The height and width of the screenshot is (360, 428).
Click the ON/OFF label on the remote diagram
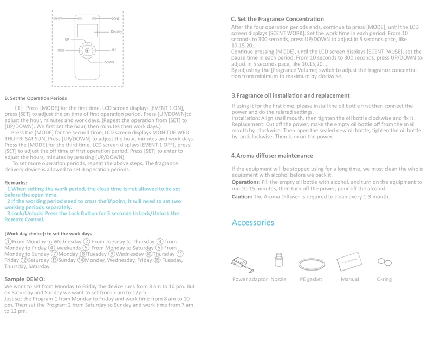(x=57, y=18)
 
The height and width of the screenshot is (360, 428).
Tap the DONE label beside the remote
(x=115, y=18)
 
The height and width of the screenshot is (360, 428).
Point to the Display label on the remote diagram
(x=116, y=32)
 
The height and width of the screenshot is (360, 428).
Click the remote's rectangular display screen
(x=87, y=31)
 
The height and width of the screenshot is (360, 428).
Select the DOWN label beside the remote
(x=109, y=62)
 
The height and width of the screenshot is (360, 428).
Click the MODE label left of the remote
(x=61, y=50)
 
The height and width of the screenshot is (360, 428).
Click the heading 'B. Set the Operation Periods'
(x=36, y=98)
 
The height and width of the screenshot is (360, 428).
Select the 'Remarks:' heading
(x=16, y=183)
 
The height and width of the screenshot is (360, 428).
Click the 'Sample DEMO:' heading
(x=25, y=279)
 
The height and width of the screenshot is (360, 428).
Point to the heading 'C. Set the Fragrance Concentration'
(x=277, y=19)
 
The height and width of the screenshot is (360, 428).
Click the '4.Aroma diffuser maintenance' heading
(x=273, y=156)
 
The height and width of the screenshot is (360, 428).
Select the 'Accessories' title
(x=253, y=223)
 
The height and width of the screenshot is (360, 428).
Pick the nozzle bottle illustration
(x=279, y=260)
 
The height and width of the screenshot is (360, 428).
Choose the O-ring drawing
(x=385, y=262)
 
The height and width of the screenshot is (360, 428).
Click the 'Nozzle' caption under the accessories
(x=278, y=279)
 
